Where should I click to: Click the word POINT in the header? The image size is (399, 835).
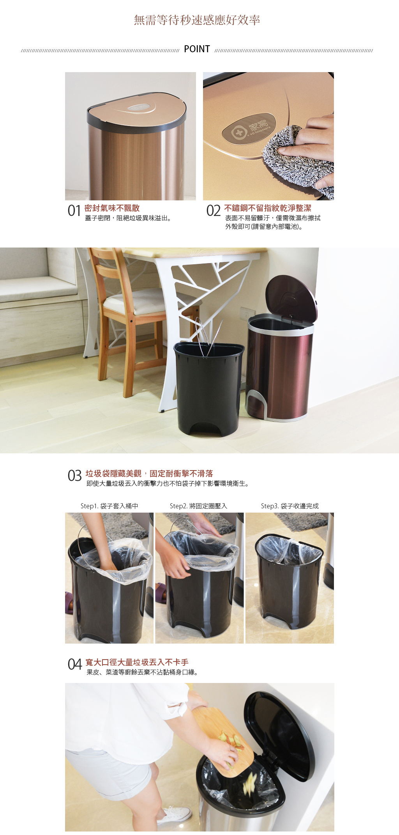(197, 49)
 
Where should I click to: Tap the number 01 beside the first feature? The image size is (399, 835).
(74, 211)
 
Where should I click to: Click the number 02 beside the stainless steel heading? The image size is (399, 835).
(213, 211)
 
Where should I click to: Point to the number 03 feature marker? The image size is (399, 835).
(74, 476)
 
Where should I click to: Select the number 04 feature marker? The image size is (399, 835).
(74, 664)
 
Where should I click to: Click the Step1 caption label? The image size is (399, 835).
(109, 506)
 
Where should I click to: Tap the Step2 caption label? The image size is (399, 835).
(198, 506)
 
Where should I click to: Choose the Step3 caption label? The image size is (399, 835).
(290, 506)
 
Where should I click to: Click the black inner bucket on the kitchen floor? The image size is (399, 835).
(208, 388)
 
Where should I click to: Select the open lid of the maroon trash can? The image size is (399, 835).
(291, 299)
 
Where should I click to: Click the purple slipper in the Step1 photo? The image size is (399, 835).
(69, 603)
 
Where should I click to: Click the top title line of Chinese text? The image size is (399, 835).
(197, 20)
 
